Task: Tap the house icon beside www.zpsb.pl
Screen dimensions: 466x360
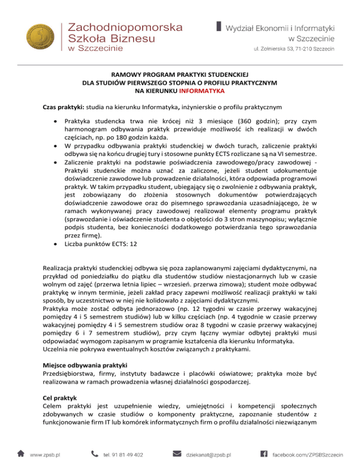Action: (21, 453)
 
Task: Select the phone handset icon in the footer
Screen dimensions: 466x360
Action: (95, 453)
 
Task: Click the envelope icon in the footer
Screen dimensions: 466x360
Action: (177, 453)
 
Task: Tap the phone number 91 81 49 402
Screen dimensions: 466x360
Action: (123, 454)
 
